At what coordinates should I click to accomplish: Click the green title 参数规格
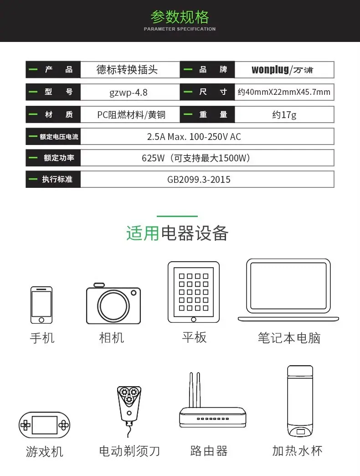tap(180, 17)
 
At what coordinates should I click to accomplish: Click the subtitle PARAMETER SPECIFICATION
tap(180, 29)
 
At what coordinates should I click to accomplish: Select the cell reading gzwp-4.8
tap(129, 92)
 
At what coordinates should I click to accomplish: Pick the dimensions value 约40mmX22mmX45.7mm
tap(284, 92)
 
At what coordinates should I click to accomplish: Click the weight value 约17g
tap(284, 115)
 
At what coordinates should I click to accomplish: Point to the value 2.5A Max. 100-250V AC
tap(194, 137)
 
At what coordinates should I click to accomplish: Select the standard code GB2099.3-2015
tap(199, 179)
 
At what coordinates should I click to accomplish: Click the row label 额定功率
tap(59, 158)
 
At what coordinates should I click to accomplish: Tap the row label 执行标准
tap(57, 179)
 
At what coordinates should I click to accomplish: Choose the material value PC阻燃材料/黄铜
tap(131, 115)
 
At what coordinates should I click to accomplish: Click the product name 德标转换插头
tap(127, 69)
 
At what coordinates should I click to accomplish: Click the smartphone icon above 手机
tap(41, 305)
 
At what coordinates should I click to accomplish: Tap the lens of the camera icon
tap(113, 306)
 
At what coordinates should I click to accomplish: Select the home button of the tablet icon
tap(194, 319)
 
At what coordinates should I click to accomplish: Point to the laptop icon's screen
tap(288, 286)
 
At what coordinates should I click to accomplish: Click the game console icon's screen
tap(45, 425)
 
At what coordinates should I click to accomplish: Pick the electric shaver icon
tap(129, 411)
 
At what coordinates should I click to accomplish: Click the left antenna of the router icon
tap(191, 390)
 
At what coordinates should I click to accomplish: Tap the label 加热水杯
tap(297, 451)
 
